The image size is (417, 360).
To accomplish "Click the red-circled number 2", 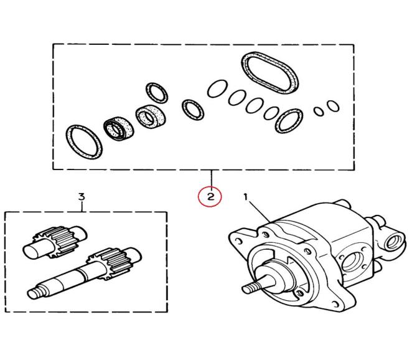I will tap(210, 197).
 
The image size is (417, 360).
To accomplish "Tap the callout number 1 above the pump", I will tap(246, 197).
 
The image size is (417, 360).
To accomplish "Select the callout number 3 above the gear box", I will tap(81, 197).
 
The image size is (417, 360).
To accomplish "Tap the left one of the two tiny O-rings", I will tap(319, 111).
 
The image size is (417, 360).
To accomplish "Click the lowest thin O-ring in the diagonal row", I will tap(271, 113).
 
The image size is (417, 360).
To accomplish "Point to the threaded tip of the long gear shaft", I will tap(35, 291).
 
